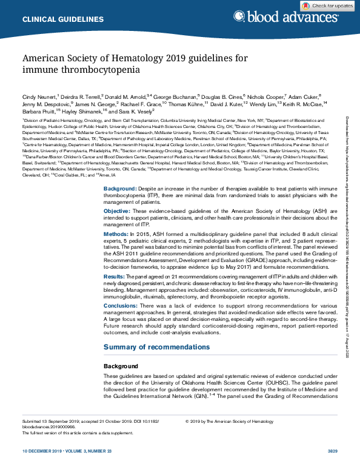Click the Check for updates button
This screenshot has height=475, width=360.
(330, 5)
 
